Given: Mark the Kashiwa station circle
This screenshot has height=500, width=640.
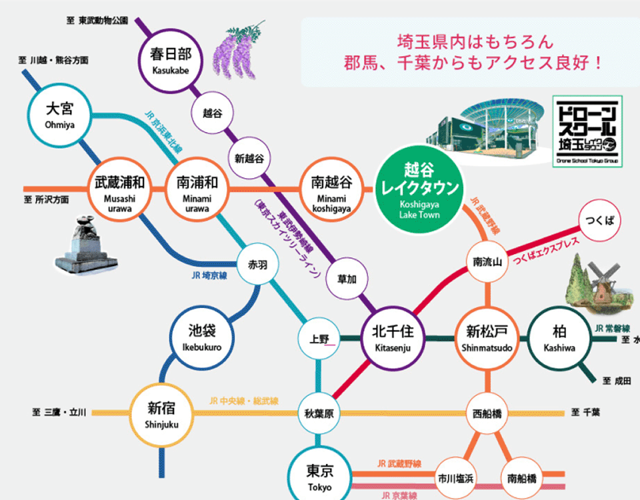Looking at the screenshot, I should tap(559, 337).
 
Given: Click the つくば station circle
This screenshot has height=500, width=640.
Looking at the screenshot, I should tap(598, 220).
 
